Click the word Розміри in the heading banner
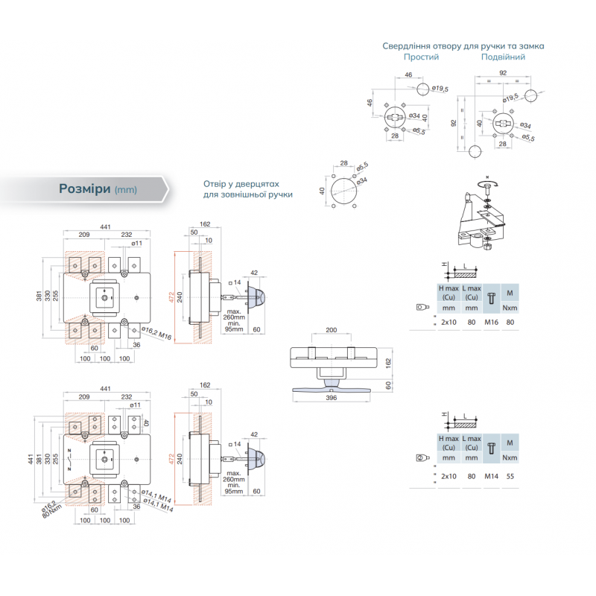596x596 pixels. tap(85, 188)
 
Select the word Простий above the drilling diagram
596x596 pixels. tap(421, 57)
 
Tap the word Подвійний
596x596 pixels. tap(503, 57)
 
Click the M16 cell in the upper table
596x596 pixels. tap(490, 322)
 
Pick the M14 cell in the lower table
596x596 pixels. tap(490, 475)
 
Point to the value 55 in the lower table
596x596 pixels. tap(510, 475)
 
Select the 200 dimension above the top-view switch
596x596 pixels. tap(332, 329)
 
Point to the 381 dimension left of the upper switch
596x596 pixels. tap(39, 297)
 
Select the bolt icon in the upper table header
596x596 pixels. tap(490, 297)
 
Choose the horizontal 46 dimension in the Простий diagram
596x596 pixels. tap(408, 75)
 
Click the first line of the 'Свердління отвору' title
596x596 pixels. tap(463, 45)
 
